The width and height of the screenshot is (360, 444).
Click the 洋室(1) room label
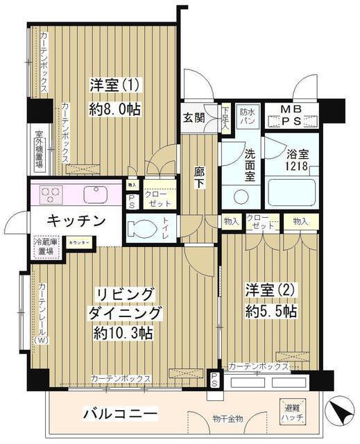(114, 86)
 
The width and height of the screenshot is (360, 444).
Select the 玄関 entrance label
(194, 117)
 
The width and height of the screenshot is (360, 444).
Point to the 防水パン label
(248, 115)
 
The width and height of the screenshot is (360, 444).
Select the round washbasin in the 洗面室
(241, 196)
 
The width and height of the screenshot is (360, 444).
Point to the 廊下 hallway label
(199, 176)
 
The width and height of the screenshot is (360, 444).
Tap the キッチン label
(77, 221)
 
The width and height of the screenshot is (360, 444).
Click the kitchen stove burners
(51, 194)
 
